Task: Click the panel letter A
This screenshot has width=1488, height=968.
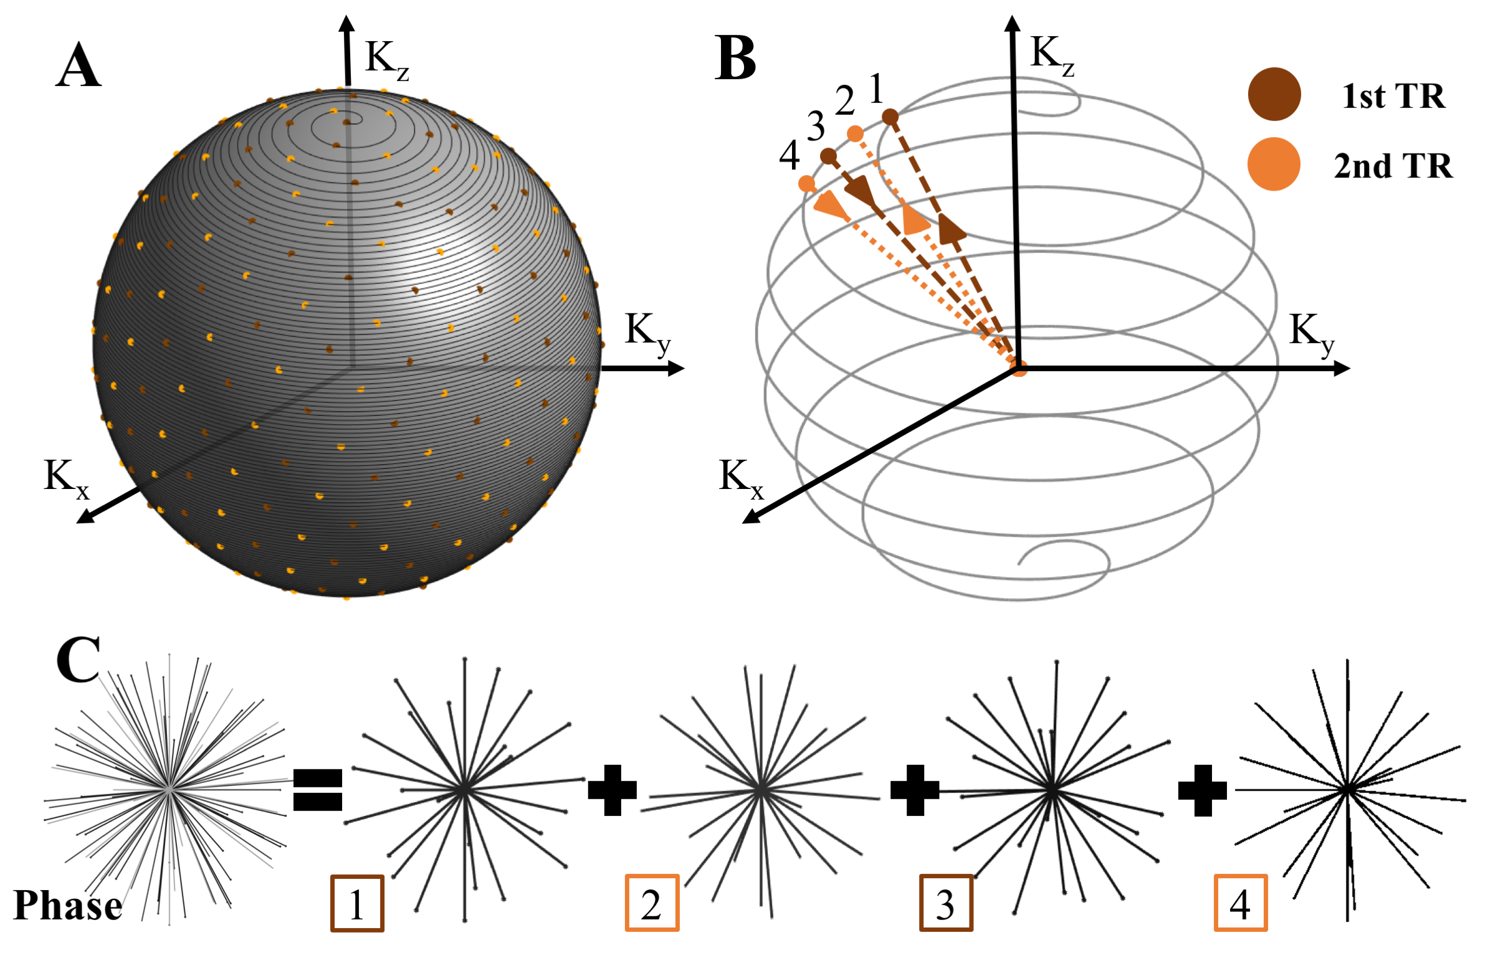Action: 78,65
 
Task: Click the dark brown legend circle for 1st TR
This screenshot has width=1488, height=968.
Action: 1274,94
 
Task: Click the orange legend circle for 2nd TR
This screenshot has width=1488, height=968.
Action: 1274,164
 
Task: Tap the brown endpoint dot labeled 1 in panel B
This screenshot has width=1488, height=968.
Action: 890,117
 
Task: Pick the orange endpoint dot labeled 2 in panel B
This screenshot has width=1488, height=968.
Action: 855,133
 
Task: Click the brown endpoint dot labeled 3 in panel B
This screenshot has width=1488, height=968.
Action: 828,156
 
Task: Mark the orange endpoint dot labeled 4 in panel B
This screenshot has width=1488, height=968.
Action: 807,184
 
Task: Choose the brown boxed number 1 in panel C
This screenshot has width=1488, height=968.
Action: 357,904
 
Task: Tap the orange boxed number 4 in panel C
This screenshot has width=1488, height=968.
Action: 1241,904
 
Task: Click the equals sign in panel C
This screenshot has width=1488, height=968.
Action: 318,790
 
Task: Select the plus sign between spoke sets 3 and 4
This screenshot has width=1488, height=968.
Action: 1202,790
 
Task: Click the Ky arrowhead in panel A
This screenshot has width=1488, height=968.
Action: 677,369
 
